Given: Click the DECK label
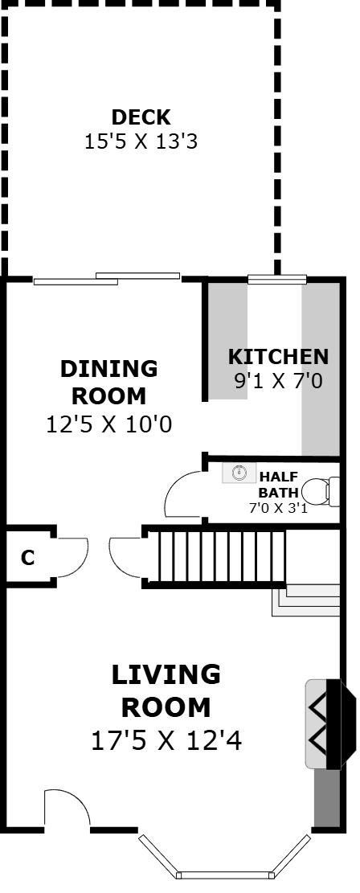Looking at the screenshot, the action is [141, 117].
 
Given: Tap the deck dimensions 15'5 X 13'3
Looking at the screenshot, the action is [141, 141].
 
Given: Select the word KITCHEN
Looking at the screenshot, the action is [278, 357].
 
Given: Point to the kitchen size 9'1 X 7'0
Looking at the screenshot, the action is [278, 380].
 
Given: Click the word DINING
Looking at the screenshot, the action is [108, 368].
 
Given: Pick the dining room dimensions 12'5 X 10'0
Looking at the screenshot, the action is [108, 424].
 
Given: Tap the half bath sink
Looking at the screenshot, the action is [239, 473].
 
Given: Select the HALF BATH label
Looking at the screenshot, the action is [278, 484].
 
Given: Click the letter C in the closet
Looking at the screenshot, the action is [27, 558].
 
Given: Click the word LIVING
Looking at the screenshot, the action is [166, 675].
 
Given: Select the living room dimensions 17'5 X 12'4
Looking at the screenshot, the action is [166, 741].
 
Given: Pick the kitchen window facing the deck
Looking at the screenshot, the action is [277, 279].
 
